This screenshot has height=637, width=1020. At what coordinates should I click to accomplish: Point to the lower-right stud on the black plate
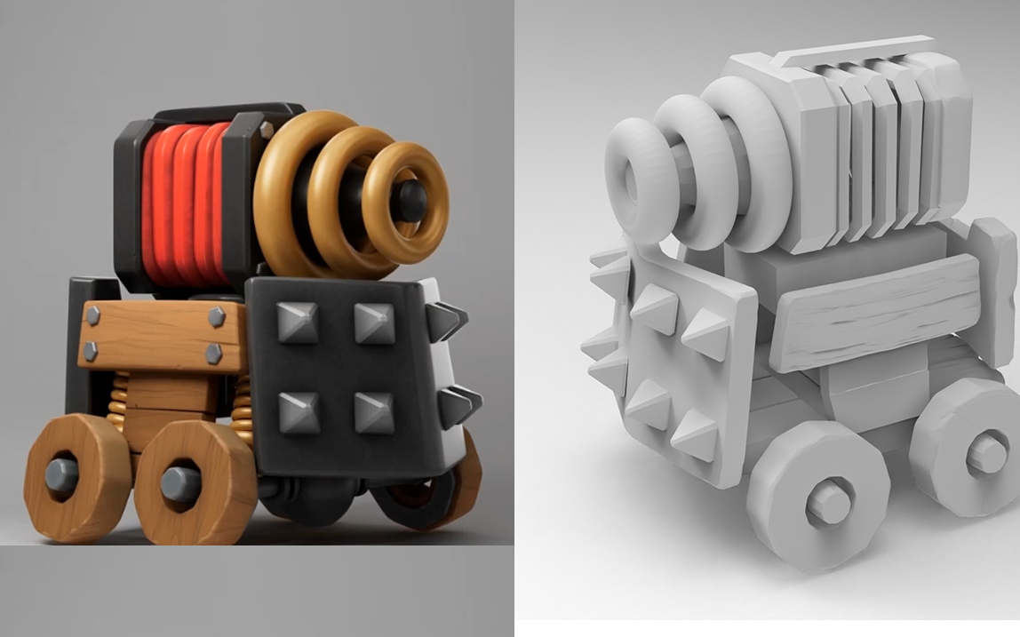pyautogui.click(x=374, y=411)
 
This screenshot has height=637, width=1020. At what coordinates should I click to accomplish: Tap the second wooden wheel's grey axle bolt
pyautogui.click(x=180, y=483)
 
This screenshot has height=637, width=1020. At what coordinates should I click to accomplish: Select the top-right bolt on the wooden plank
pyautogui.click(x=217, y=317)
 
